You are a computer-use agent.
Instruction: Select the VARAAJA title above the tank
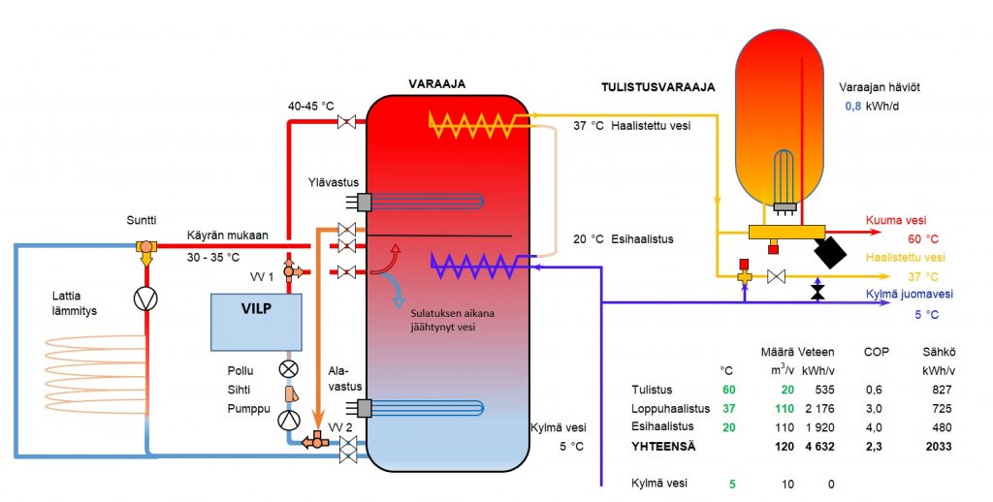tap(436, 84)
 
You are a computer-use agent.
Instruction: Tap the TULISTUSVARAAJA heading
tap(658, 87)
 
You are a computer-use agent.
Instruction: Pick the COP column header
tap(876, 352)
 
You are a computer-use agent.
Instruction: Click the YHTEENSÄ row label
tap(665, 447)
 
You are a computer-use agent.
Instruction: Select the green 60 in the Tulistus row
tap(727, 389)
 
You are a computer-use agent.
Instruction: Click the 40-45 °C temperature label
tap(312, 106)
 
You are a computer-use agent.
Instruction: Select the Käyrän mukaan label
tap(227, 235)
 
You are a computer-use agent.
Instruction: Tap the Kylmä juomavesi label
tap(908, 294)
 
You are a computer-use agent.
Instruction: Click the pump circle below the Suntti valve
tap(146, 298)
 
